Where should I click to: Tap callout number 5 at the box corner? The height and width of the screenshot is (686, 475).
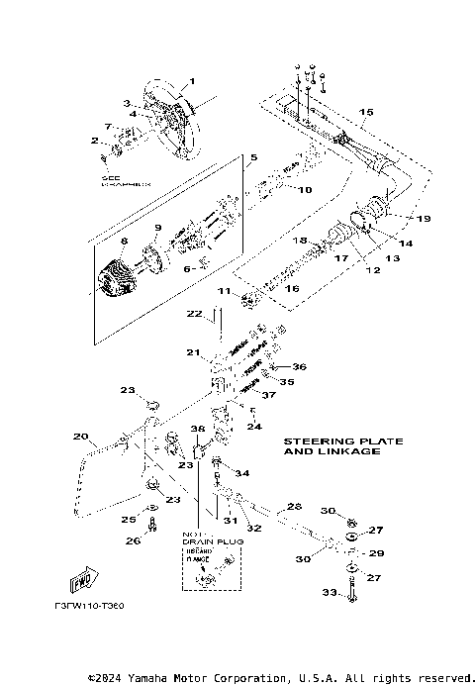253,157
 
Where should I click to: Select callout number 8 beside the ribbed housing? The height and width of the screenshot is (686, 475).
125,240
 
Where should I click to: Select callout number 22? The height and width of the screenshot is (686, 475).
196,314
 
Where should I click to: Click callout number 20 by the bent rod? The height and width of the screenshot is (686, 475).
80,435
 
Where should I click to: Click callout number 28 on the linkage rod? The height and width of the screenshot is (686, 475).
293,506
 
